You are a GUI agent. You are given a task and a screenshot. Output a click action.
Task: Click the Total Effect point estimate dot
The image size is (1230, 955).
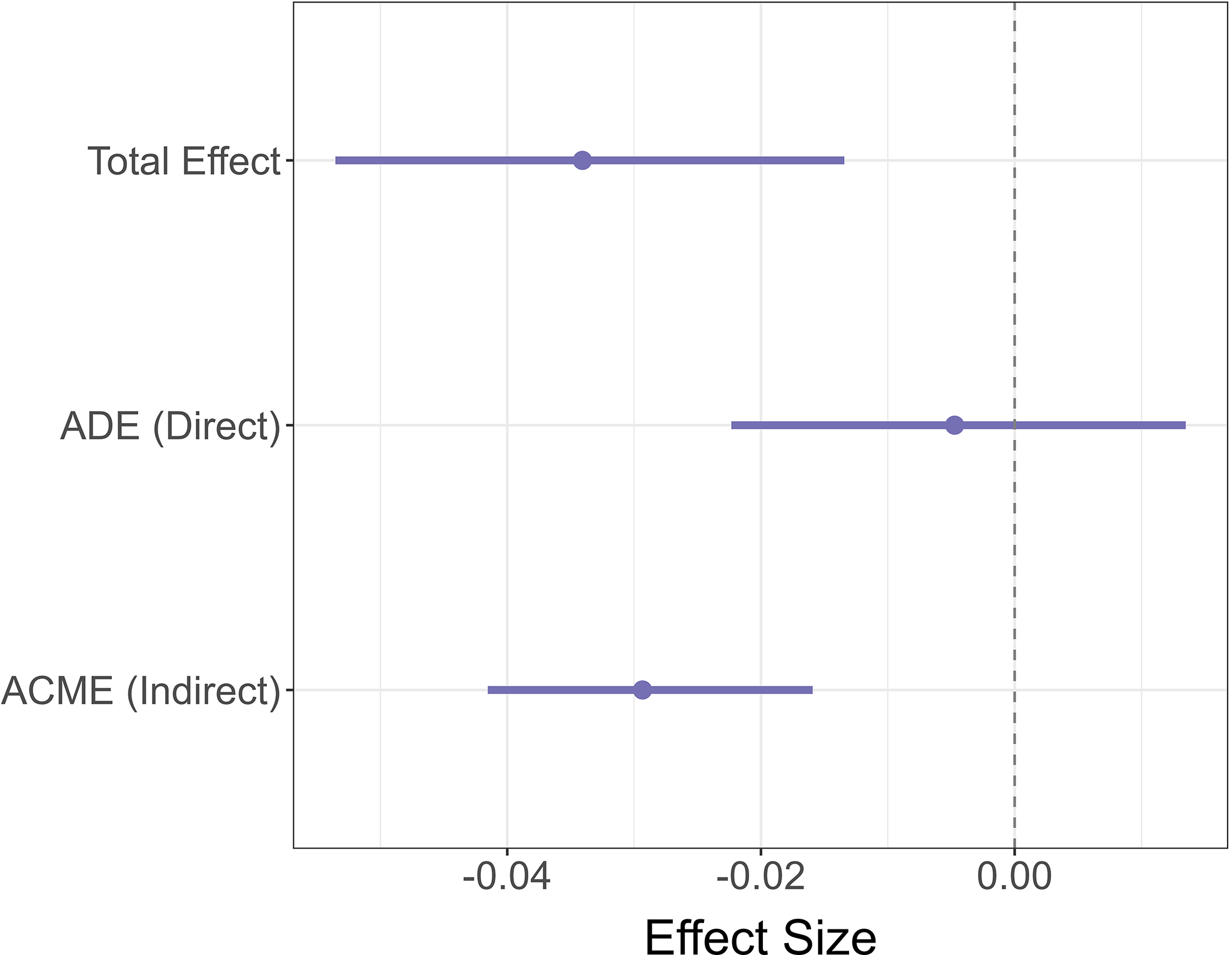(x=582, y=160)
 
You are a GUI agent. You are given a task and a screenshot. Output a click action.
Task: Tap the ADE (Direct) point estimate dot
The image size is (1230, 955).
(x=954, y=425)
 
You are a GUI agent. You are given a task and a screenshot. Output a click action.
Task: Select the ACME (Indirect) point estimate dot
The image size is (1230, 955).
(x=642, y=690)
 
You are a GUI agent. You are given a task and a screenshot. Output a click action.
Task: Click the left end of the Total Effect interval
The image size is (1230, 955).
(x=336, y=160)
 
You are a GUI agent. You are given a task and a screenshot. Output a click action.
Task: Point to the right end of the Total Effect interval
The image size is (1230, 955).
(x=844, y=160)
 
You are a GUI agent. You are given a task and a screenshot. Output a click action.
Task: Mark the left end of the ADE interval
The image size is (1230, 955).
(x=732, y=425)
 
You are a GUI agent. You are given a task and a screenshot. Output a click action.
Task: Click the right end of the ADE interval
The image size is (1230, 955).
(x=1184, y=425)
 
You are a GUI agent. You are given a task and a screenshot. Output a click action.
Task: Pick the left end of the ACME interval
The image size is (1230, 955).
(x=489, y=690)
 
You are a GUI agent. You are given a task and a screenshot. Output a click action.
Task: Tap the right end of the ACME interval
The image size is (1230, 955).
(x=812, y=690)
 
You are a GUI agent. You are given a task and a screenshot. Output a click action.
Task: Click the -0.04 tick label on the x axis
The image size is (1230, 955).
(x=507, y=876)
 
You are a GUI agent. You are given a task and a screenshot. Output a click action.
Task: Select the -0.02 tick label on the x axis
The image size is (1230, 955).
(x=760, y=876)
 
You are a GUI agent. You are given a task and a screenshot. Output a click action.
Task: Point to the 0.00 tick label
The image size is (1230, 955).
(x=1014, y=876)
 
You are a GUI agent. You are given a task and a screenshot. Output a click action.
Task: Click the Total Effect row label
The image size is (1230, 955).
(x=184, y=161)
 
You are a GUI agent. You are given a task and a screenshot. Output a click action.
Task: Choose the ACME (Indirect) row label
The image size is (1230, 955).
(x=141, y=691)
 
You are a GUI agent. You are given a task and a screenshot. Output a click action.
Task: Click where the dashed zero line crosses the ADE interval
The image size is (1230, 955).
(x=1014, y=425)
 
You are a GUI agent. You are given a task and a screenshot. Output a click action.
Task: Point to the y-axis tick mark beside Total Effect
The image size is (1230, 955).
(x=289, y=160)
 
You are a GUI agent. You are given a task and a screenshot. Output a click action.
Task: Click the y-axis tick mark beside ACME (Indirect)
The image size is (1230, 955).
(x=289, y=690)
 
